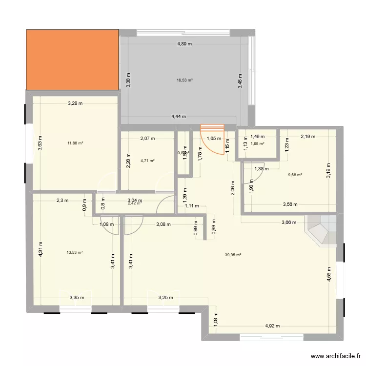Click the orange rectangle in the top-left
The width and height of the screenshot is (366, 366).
click(72, 60)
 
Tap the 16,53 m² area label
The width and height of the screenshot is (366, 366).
click(185, 80)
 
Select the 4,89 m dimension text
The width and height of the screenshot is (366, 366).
click(184, 44)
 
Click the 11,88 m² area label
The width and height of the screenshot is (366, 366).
click(75, 143)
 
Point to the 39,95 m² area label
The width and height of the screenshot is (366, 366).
click(233, 254)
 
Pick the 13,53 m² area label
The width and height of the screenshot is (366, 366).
click(75, 252)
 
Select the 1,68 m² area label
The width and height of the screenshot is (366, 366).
click(257, 143)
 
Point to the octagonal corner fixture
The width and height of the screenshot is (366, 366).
click(320, 229)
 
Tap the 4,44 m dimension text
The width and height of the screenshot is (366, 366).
click(178, 117)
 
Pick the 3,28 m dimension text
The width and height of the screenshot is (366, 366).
click(75, 103)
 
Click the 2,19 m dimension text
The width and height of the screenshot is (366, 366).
click(307, 137)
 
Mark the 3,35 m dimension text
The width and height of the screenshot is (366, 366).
click(77, 297)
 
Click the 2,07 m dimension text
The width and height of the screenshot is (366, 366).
click(147, 138)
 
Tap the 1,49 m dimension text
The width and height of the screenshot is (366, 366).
click(257, 137)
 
